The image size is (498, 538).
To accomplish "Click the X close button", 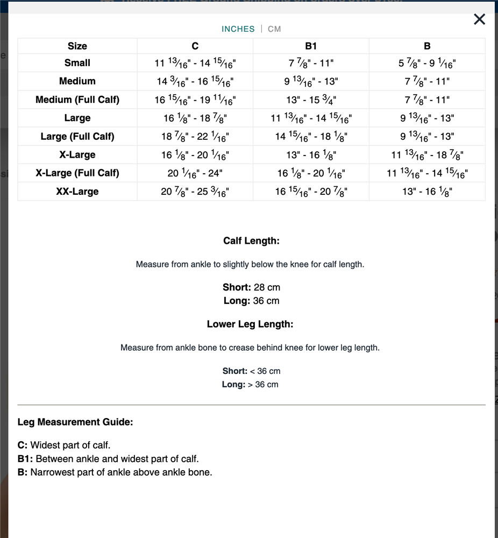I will [x=479, y=19].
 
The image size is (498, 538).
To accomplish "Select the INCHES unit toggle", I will [x=238, y=29].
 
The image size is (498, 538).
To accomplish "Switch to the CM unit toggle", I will [x=274, y=29].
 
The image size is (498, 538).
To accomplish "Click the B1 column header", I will [x=311, y=46].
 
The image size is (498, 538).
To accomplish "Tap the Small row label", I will [x=77, y=63].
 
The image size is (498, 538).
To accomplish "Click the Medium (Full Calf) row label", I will [x=77, y=100].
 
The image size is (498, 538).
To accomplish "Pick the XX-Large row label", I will [x=77, y=192].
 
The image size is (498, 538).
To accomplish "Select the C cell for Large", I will [x=195, y=118].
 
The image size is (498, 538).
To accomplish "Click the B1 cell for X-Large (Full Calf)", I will [x=311, y=173].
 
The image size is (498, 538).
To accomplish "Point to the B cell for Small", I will [x=427, y=63].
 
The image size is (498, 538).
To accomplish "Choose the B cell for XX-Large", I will [x=427, y=192].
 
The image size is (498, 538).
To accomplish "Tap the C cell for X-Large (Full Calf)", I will [x=195, y=173].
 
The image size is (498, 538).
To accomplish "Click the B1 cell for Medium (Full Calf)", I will [x=311, y=100].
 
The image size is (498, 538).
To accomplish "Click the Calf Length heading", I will [x=251, y=241].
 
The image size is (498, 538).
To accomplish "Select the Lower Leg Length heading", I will [x=250, y=324].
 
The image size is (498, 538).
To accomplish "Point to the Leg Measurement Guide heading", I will [x=75, y=422].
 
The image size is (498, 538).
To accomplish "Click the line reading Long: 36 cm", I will [x=251, y=301].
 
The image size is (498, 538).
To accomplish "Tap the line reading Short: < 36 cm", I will [x=251, y=371].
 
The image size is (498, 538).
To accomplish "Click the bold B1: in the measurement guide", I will [x=25, y=459].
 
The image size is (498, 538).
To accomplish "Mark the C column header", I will [x=195, y=46].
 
